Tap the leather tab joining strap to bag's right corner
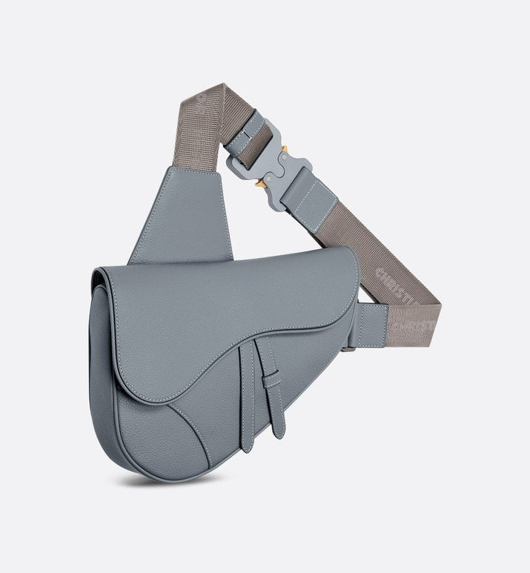coord(372,325)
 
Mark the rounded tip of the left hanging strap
coord(248,445)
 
